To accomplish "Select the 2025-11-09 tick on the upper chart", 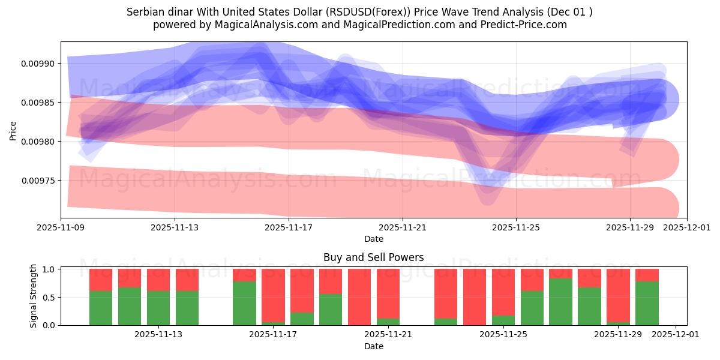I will coord(61,228).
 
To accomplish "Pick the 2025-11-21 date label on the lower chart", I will coord(388,335).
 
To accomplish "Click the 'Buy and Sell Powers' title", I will coord(373,257).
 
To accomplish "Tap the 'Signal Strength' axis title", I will coord(34,296).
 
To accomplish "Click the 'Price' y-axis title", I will coord(13,130).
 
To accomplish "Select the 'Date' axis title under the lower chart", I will coord(373,346).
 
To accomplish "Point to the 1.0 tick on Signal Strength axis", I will coord(50,269).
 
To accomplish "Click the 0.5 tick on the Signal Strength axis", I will coord(50,298).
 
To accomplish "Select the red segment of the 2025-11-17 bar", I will coord(273,294).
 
